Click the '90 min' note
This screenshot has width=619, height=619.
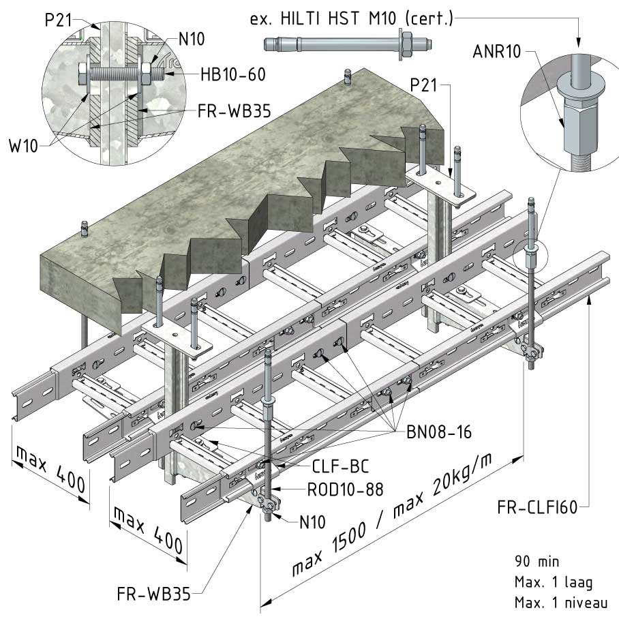pos(537,562)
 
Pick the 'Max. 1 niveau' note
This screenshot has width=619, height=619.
pos(558,603)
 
